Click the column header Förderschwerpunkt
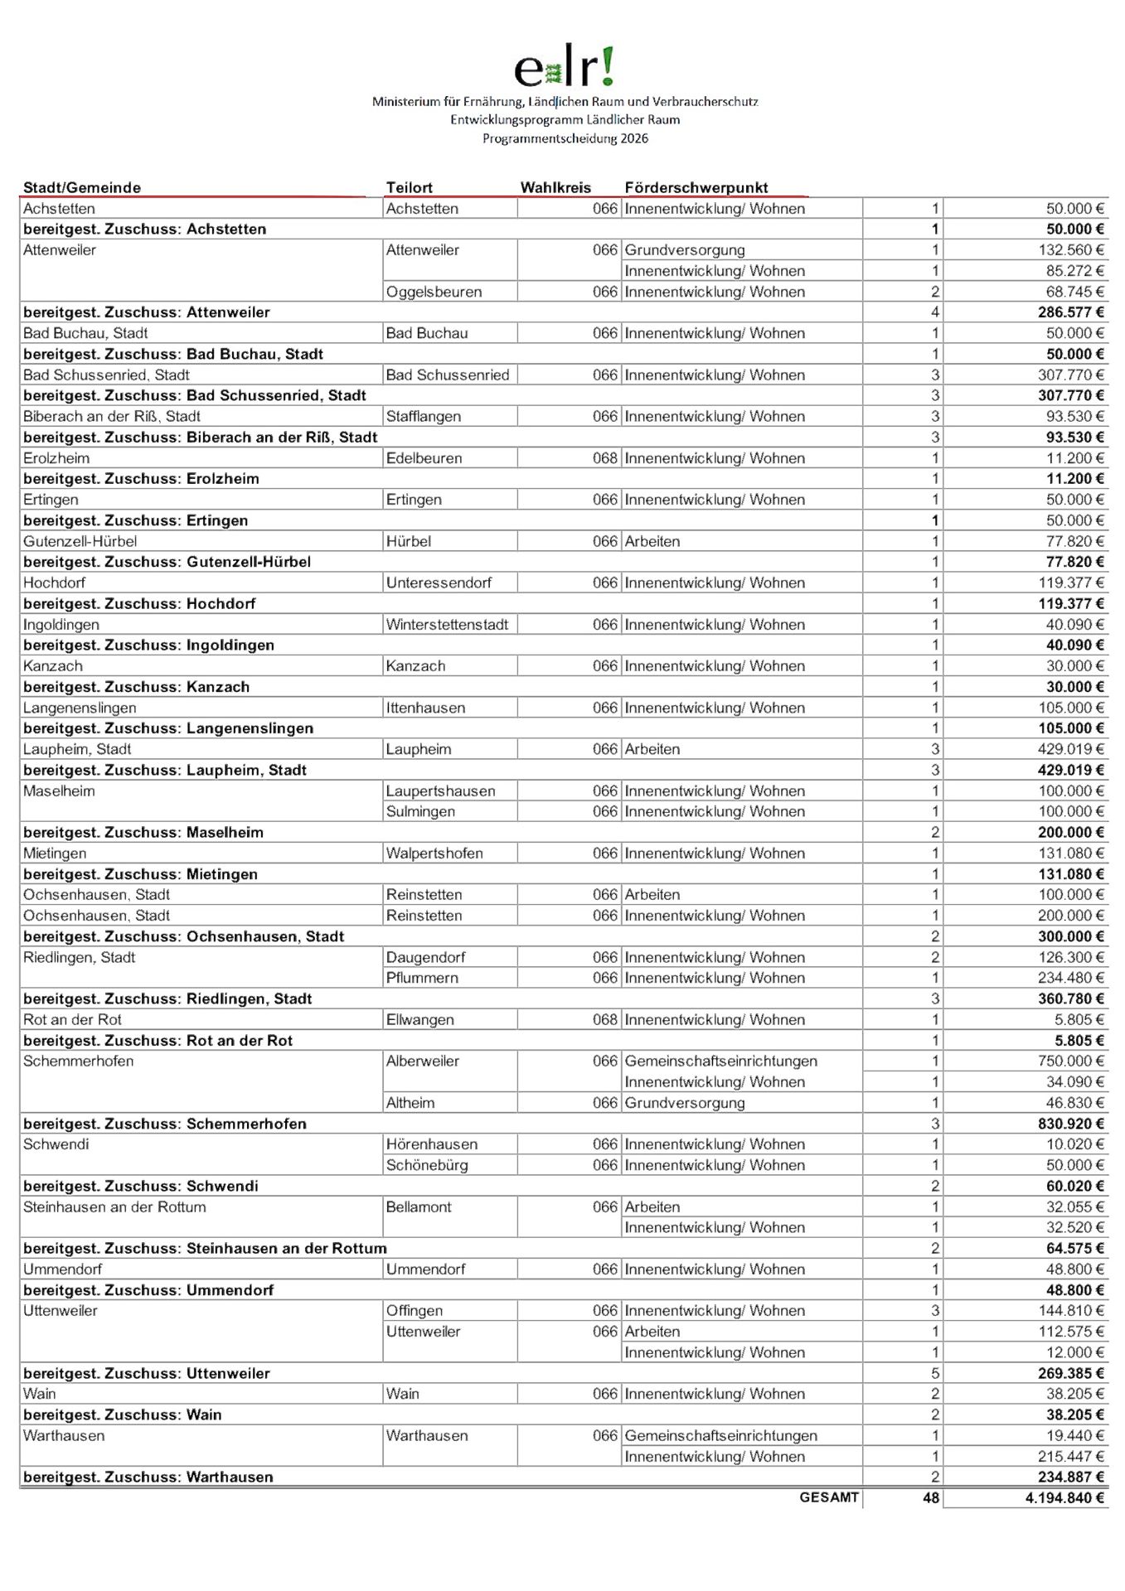pyautogui.click(x=696, y=187)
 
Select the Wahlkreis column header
pyautogui.click(x=555, y=187)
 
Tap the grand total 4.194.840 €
pyautogui.click(x=1064, y=1497)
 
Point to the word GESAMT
pyautogui.click(x=828, y=1497)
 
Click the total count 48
pyautogui.click(x=931, y=1497)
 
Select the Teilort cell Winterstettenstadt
pyautogui.click(x=447, y=624)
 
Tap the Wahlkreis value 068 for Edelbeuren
pyautogui.click(x=605, y=458)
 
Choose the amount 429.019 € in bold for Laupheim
pyautogui.click(x=1071, y=770)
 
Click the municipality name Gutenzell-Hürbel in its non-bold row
pyautogui.click(x=80, y=541)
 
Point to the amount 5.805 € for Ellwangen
pyautogui.click(x=1079, y=1019)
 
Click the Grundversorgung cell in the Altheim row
pyautogui.click(x=685, y=1103)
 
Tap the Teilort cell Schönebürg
pyautogui.click(x=426, y=1165)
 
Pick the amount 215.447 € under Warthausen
pyautogui.click(x=1071, y=1456)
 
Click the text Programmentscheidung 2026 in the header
pyautogui.click(x=565, y=138)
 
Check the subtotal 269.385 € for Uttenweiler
pyautogui.click(x=1071, y=1373)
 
